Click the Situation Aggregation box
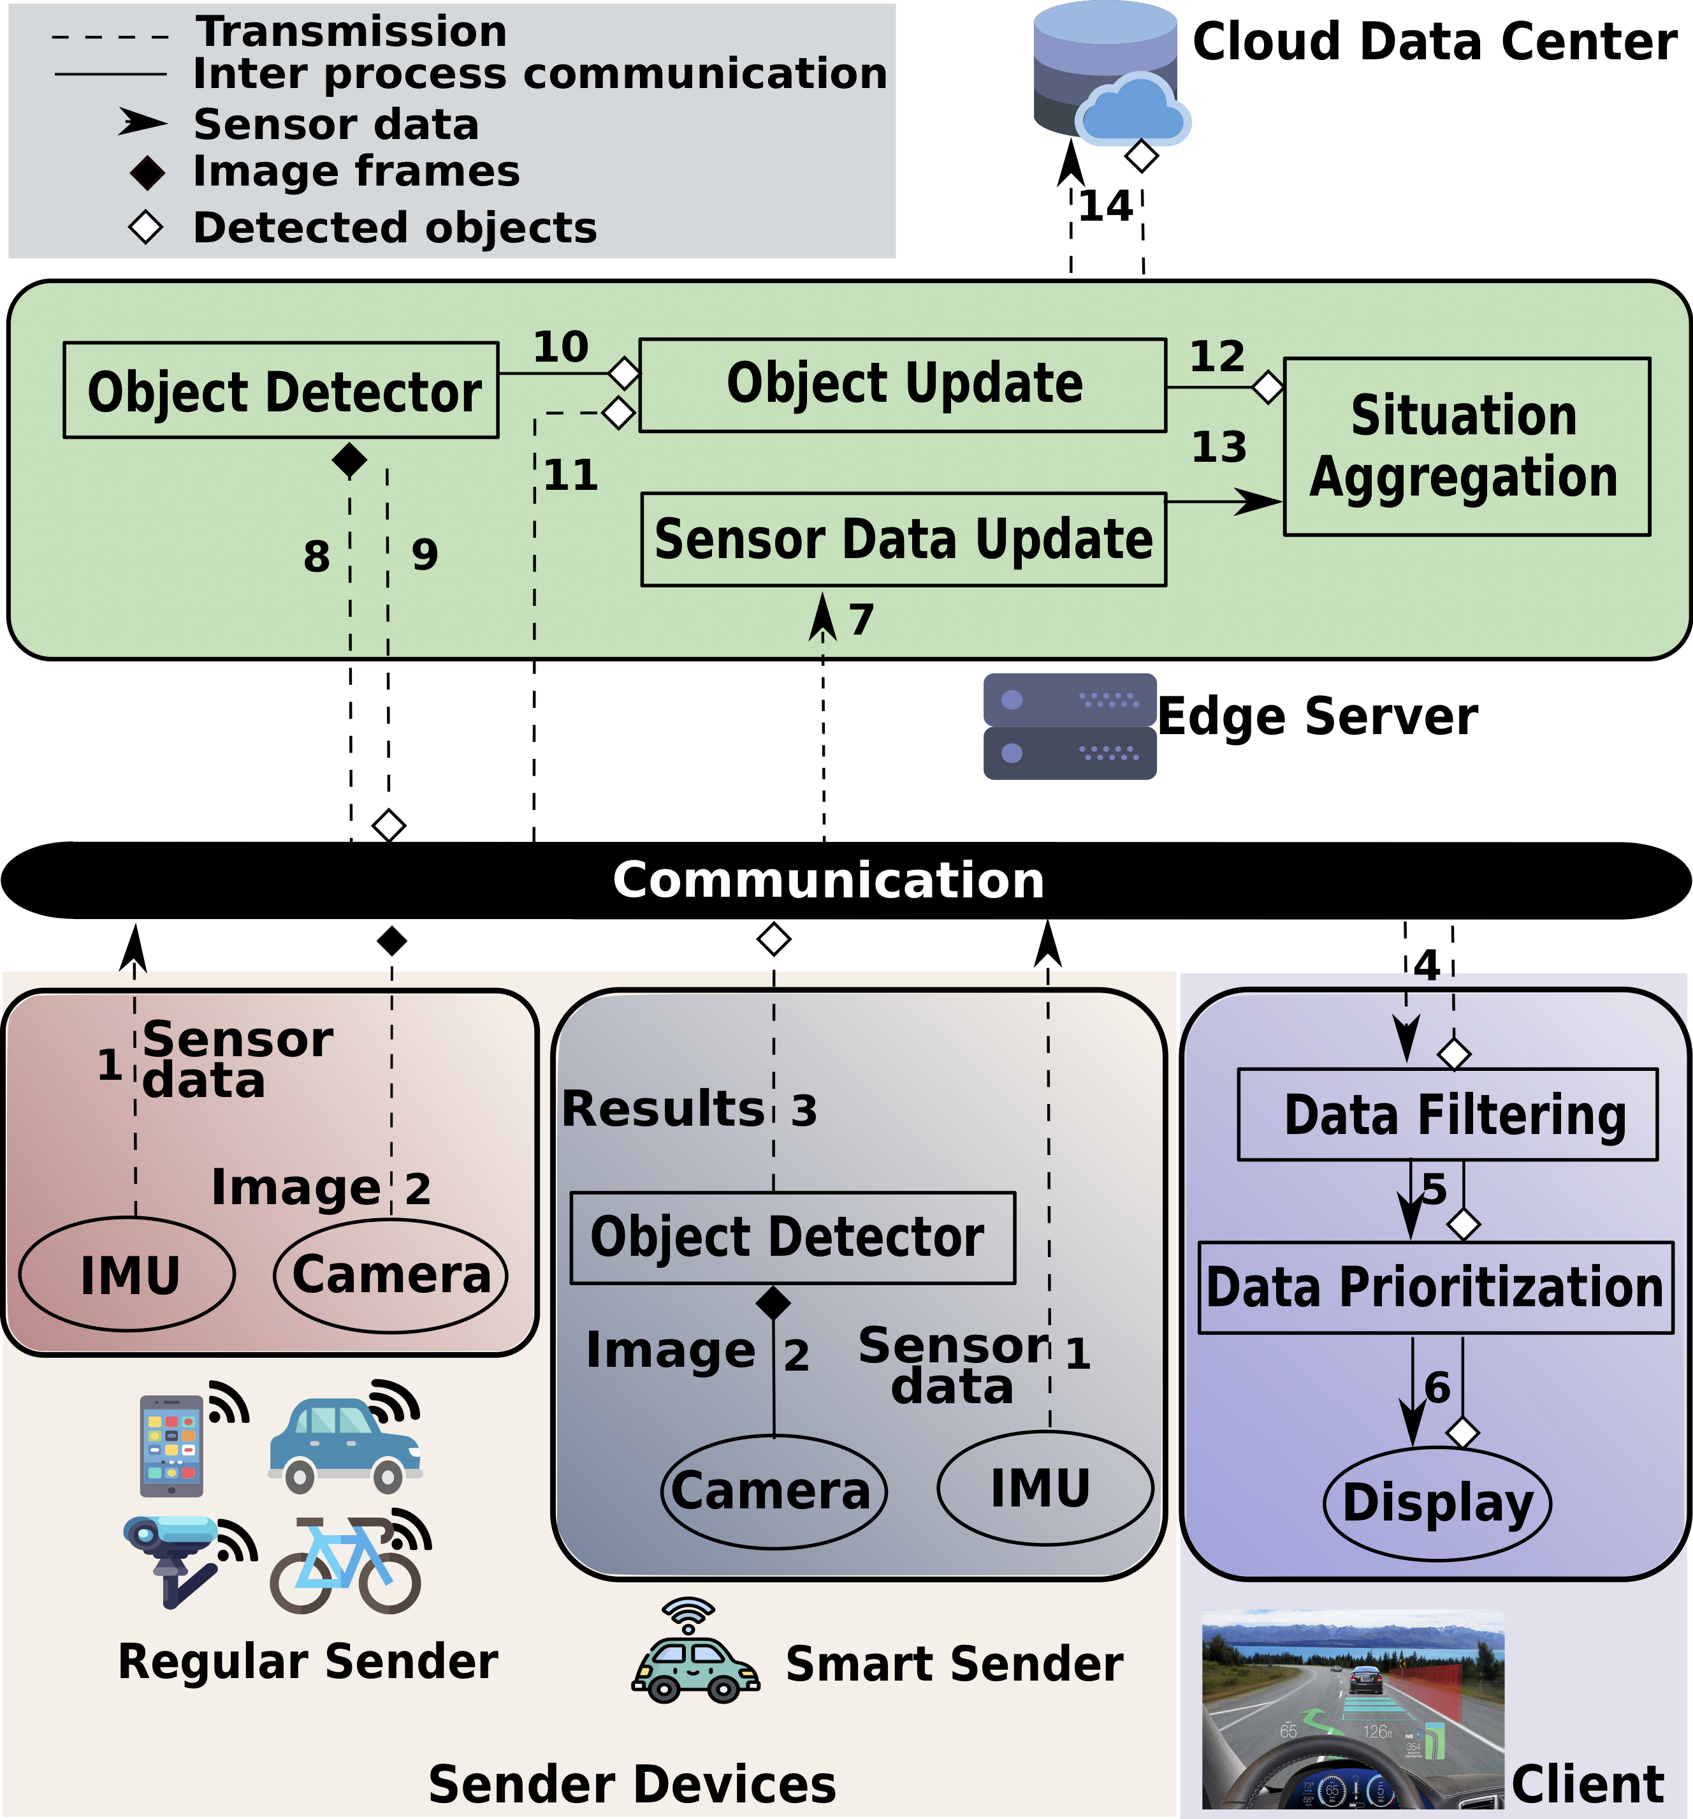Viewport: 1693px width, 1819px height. pos(1466,446)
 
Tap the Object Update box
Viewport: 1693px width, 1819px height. pos(903,385)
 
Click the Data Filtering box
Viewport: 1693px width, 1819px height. pos(1447,1114)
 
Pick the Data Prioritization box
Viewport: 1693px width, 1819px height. pos(1435,1287)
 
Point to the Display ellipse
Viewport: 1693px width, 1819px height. pos(1437,1503)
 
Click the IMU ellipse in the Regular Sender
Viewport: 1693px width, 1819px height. pos(128,1274)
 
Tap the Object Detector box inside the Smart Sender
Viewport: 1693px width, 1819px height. pos(792,1237)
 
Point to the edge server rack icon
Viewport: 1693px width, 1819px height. pos(1069,726)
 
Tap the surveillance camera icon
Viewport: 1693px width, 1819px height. pos(174,1556)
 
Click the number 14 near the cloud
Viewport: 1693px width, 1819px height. pos(1106,207)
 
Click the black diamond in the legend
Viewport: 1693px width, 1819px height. pos(147,173)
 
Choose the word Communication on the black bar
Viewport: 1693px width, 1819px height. pos(828,880)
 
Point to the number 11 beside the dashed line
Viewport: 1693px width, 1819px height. pos(570,476)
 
